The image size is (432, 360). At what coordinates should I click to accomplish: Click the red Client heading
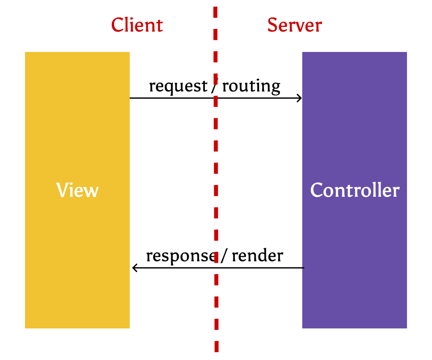[137, 25]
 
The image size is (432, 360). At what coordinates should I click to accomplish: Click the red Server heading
[294, 25]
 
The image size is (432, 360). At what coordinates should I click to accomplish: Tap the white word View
[77, 190]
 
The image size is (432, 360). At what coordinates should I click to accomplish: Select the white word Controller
[355, 190]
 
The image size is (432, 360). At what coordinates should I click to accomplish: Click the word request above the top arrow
[178, 86]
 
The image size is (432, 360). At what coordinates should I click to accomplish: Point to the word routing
[251, 86]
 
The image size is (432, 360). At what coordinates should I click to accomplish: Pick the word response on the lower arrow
[180, 256]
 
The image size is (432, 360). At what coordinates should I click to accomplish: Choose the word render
[257, 256]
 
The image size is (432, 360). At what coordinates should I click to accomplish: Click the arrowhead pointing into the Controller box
[300, 98]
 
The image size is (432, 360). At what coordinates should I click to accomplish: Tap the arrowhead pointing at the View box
[134, 268]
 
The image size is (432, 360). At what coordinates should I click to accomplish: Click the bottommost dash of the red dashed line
[217, 347]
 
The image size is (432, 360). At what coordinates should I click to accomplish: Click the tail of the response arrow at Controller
[303, 268]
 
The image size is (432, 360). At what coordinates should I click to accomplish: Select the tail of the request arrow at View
[131, 98]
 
